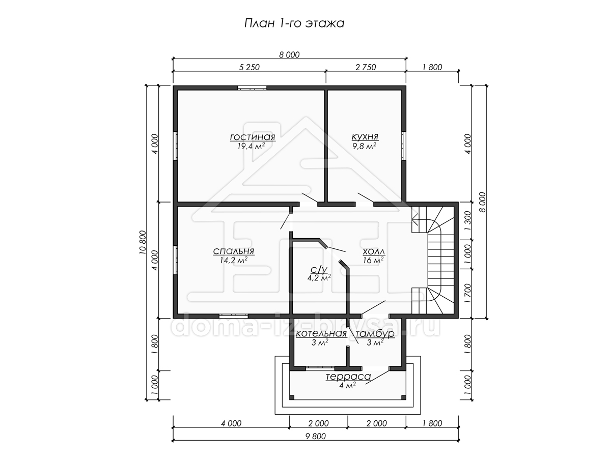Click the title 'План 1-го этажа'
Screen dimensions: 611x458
tap(294, 23)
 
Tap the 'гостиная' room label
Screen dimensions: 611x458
tap(253, 137)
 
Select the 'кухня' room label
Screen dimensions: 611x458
tap(365, 136)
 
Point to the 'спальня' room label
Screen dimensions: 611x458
tap(234, 251)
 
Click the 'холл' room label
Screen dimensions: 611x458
tap(374, 252)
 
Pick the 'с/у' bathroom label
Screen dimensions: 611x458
tap(319, 269)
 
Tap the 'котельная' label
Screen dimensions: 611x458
tap(321, 334)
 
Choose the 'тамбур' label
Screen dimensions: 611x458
tap(375, 334)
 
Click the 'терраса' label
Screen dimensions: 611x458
tap(348, 377)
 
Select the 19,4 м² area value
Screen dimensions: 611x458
tap(251, 146)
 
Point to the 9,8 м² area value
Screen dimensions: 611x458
tap(365, 146)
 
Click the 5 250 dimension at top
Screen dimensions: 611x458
tap(249, 67)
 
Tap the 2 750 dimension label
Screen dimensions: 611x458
tap(366, 67)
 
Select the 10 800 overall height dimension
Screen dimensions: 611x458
tap(142, 242)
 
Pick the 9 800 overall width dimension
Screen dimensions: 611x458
tap(315, 436)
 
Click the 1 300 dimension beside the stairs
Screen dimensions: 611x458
tap(467, 220)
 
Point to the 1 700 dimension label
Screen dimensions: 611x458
tap(467, 294)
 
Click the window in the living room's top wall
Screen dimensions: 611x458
tap(252, 88)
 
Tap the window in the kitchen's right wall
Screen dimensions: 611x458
tap(404, 146)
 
